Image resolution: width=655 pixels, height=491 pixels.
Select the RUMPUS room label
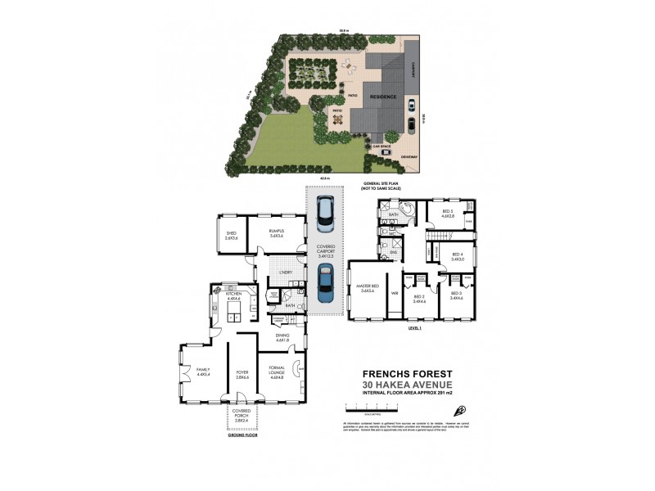click(275, 234)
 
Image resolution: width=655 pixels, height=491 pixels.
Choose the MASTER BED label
click(366, 287)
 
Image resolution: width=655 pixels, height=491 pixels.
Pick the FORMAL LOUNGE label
click(274, 376)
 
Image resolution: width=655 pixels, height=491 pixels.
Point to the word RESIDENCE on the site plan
click(383, 96)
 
